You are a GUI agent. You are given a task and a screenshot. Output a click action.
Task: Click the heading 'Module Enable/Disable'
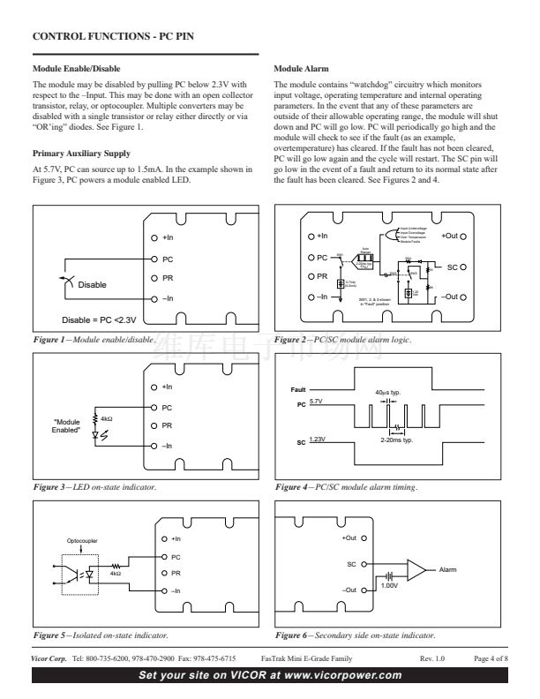[76, 68]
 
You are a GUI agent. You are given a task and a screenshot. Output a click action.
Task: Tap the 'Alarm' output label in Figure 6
[449, 569]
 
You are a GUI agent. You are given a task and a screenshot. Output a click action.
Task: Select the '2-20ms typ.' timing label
[397, 440]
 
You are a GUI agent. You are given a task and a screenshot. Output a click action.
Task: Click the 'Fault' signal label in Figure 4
[298, 389]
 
